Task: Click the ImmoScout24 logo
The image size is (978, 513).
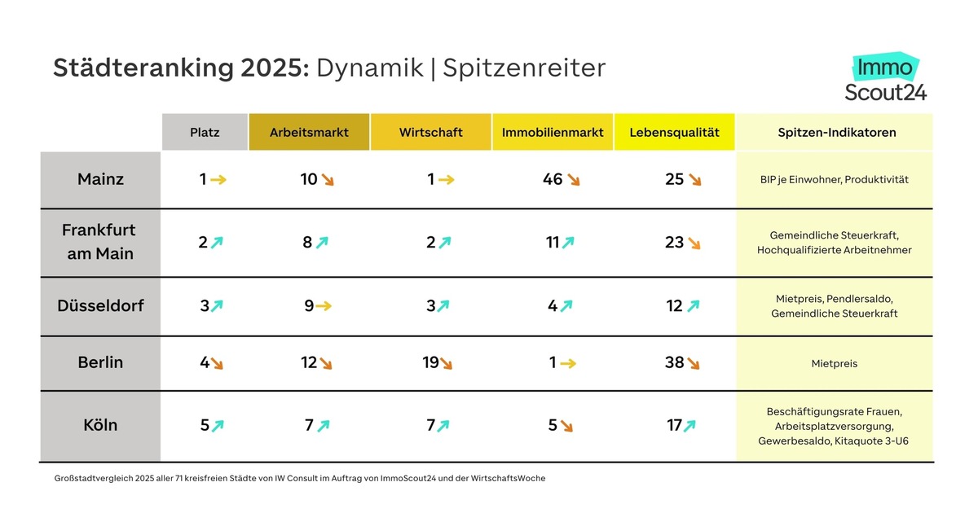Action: [886, 78]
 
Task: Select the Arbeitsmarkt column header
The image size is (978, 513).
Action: [309, 132]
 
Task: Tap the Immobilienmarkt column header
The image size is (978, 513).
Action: [553, 132]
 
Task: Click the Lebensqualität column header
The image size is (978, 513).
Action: [675, 132]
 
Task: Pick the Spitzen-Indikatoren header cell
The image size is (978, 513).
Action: [836, 132]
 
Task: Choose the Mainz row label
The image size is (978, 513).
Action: [100, 179]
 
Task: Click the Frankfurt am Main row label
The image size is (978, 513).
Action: [100, 242]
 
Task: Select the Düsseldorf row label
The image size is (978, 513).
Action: [100, 306]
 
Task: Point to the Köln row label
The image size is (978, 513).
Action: [100, 425]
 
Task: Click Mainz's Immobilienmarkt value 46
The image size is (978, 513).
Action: [553, 179]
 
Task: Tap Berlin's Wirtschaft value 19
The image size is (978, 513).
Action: [430, 362]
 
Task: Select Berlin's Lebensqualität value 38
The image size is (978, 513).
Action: [674, 362]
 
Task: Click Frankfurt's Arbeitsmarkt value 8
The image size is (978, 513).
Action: [307, 242]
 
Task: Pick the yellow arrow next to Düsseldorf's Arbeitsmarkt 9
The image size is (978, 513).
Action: [324, 306]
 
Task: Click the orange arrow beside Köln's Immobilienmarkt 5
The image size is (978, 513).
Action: [567, 425]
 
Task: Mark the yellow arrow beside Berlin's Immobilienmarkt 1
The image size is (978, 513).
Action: [568, 363]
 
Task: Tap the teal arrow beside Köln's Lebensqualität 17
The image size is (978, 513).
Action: [689, 425]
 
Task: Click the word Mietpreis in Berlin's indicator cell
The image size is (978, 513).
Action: [835, 364]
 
